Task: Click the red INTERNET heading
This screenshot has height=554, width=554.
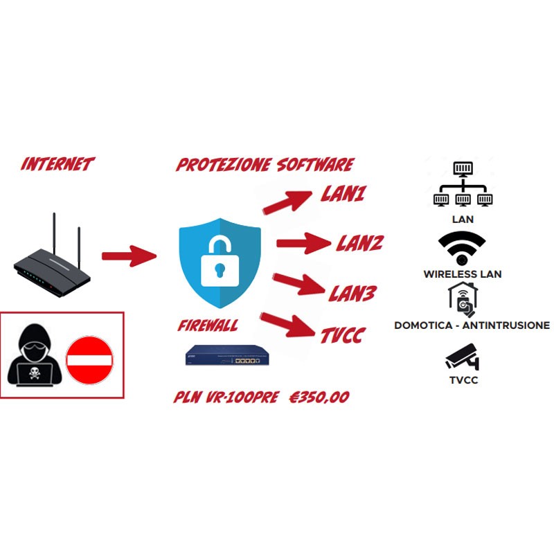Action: [x=57, y=164]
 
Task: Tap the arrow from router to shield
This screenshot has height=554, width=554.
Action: [x=129, y=256]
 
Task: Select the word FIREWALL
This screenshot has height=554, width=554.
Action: [x=208, y=325]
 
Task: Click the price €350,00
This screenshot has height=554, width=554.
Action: [x=319, y=397]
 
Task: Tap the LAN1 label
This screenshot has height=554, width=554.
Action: [x=343, y=195]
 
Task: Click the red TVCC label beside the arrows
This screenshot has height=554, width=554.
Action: [x=343, y=336]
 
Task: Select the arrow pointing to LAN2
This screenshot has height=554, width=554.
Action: [x=303, y=242]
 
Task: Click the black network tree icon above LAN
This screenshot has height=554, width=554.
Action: [x=462, y=186]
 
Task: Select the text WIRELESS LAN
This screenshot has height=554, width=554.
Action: [x=462, y=274]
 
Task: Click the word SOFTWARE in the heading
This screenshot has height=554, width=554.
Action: [x=314, y=165]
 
